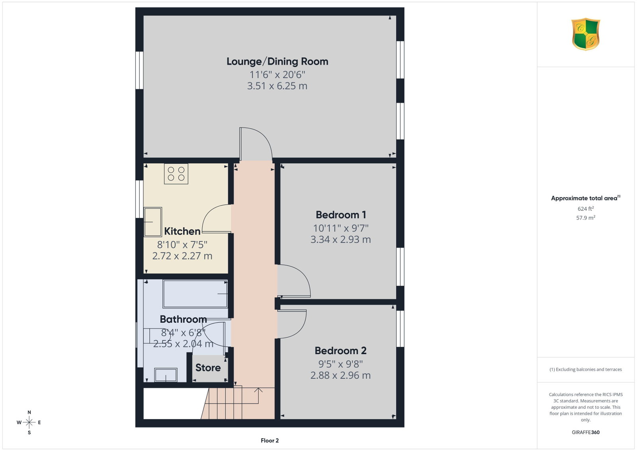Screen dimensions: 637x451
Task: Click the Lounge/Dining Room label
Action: tap(277, 61)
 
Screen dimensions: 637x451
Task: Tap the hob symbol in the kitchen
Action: tap(176, 174)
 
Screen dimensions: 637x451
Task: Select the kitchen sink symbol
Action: tap(153, 222)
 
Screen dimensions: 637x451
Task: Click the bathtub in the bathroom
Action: tap(195, 294)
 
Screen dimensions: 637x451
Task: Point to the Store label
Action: tap(208, 368)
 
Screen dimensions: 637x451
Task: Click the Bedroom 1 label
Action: tap(341, 215)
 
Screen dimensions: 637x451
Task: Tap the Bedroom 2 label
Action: tap(340, 351)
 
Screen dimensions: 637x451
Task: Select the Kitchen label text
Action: tap(182, 231)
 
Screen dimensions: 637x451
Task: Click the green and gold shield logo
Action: tap(586, 34)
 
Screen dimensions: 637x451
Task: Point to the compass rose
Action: tap(29, 422)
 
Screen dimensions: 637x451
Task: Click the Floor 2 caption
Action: tap(270, 441)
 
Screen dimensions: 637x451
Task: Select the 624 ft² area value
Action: tap(586, 209)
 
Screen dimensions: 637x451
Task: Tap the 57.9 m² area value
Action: tap(586, 218)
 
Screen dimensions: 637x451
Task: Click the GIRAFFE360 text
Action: tap(586, 432)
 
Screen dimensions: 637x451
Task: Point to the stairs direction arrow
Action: tap(258, 396)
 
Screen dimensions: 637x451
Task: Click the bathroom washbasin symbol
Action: tap(166, 375)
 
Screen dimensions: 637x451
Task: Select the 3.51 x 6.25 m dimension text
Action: tap(277, 86)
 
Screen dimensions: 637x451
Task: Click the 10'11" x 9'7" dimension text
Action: tap(341, 228)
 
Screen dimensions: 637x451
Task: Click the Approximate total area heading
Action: tap(586, 198)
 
